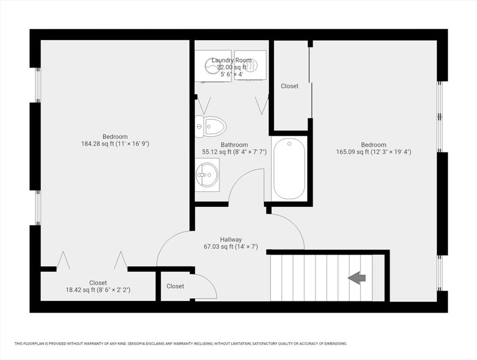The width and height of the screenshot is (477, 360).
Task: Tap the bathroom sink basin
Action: click(x=207, y=175)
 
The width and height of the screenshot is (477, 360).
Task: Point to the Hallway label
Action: click(x=231, y=239)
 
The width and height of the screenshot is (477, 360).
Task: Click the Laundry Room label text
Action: click(x=232, y=60)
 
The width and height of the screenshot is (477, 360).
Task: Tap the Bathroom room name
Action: click(x=234, y=145)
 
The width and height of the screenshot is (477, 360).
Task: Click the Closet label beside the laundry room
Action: click(x=290, y=86)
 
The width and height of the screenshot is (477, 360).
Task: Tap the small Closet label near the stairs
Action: click(x=175, y=286)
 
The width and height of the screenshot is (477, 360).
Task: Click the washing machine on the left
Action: click(x=213, y=66)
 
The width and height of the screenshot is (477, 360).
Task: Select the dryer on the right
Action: click(x=250, y=66)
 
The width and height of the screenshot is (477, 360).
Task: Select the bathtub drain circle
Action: click(x=289, y=144)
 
